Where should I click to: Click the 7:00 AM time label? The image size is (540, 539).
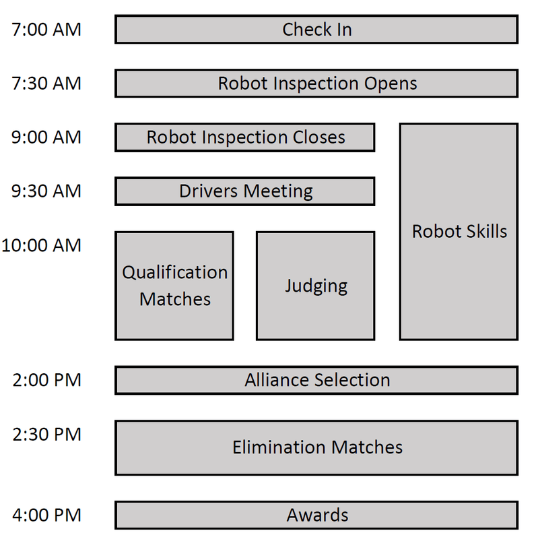[x=46, y=30]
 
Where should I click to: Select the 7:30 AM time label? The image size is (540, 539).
[x=46, y=84]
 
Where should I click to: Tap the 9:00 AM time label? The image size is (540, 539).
[x=46, y=137]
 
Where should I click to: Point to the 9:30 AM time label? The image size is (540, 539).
[x=46, y=191]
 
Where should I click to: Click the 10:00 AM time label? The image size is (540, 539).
[x=42, y=245]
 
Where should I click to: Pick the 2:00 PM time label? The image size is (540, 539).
[x=46, y=380]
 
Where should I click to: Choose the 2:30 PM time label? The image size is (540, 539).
[x=46, y=435]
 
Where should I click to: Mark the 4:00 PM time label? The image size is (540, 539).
[x=46, y=515]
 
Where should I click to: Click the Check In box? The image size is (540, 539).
[x=316, y=30]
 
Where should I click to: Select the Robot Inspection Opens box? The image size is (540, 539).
[x=316, y=84]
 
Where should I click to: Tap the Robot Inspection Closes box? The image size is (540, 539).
[x=245, y=137]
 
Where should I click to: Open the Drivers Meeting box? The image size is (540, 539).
[x=245, y=191]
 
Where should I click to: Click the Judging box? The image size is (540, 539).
[x=316, y=286]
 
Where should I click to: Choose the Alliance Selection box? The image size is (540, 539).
[x=316, y=380]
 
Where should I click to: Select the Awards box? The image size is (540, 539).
[x=316, y=515]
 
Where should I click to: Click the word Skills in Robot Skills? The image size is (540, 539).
[x=483, y=232]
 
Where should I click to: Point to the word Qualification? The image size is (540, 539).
[x=175, y=273]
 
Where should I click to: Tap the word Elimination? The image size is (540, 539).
[x=274, y=447]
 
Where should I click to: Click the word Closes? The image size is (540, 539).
[x=318, y=137]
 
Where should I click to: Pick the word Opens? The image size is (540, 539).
[x=391, y=84]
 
